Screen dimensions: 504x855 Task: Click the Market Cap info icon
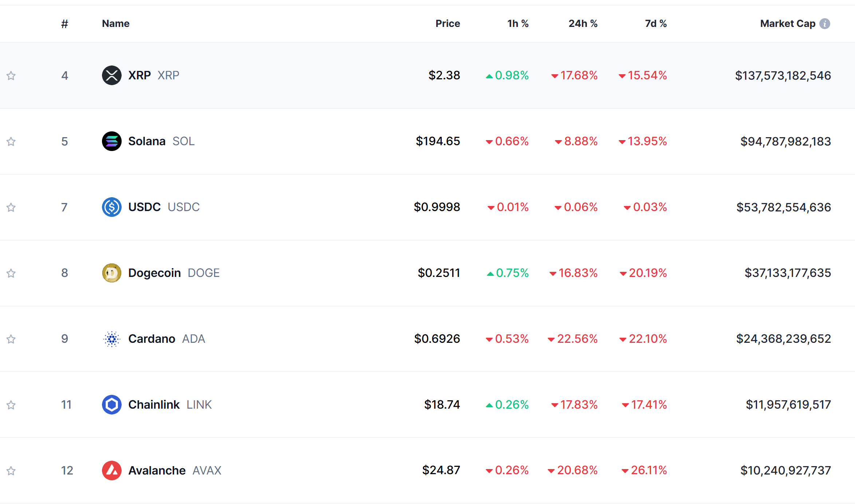pyautogui.click(x=825, y=24)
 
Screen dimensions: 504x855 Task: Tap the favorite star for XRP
pyautogui.click(x=11, y=76)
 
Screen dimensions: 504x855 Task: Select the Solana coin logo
pyautogui.click(x=112, y=141)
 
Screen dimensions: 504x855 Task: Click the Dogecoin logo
pyautogui.click(x=112, y=273)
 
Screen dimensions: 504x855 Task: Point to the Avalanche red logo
pyautogui.click(x=112, y=471)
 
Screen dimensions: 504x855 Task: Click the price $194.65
pyautogui.click(x=438, y=141)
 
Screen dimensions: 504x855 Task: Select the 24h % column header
pyautogui.click(x=583, y=24)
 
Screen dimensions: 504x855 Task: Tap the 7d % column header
pyautogui.click(x=655, y=24)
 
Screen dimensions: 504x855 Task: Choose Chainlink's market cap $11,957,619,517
pyautogui.click(x=788, y=405)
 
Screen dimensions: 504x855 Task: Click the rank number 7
pyautogui.click(x=64, y=207)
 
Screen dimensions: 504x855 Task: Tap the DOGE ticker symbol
pyautogui.click(x=204, y=273)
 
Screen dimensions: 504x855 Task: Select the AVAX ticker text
pyautogui.click(x=207, y=471)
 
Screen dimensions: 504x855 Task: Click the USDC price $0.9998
pyautogui.click(x=437, y=207)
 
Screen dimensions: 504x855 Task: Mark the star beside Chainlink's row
pyautogui.click(x=11, y=405)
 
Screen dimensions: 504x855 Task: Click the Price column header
pyautogui.click(x=448, y=24)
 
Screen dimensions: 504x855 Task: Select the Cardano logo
pyautogui.click(x=112, y=339)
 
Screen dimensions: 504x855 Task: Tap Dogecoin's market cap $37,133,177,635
pyautogui.click(x=787, y=273)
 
